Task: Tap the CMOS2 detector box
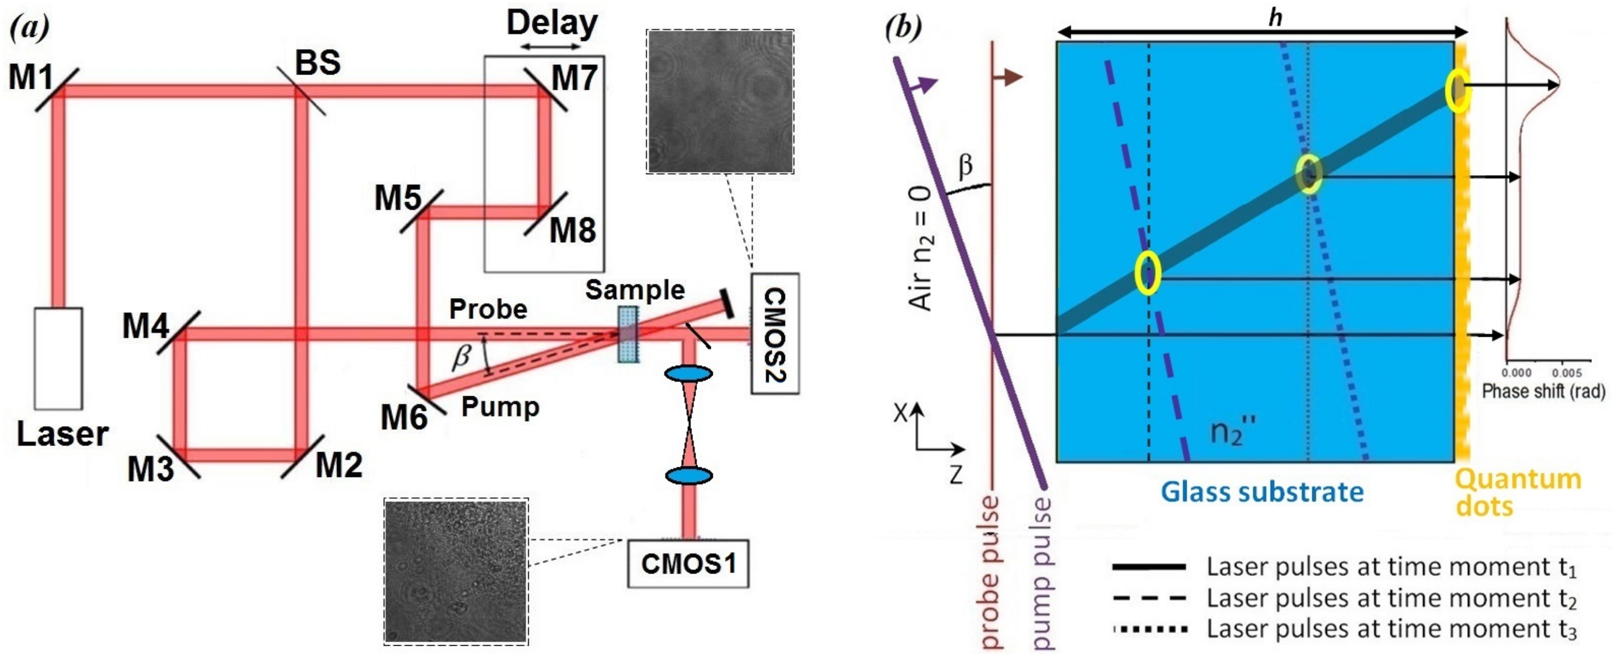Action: click(775, 333)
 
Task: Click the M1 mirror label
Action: click(29, 79)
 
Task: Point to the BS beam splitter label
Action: click(317, 63)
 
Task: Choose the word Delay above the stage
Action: click(552, 24)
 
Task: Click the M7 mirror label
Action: click(574, 79)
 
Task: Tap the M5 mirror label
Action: click(398, 199)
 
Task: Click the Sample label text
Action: click(635, 290)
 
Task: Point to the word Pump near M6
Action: click(500, 407)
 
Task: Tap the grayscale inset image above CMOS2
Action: click(721, 101)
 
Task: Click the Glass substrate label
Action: click(1262, 491)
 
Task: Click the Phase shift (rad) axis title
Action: click(1543, 392)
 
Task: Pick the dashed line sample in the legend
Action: click(1149, 599)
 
